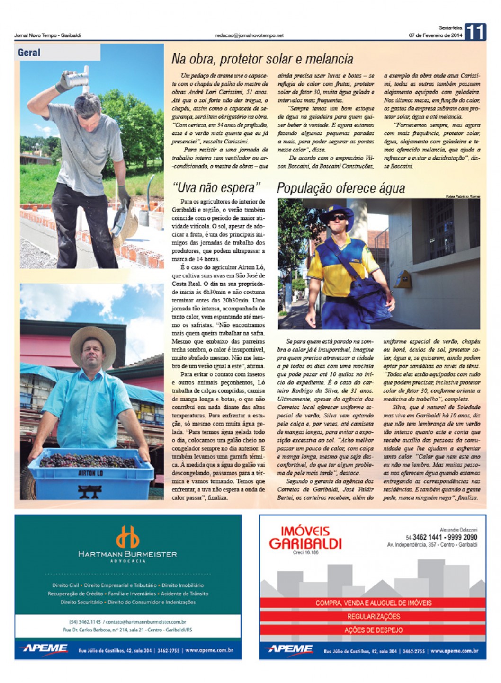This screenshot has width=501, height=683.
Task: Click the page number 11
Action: (x=475, y=32)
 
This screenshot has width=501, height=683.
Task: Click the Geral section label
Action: (x=29, y=53)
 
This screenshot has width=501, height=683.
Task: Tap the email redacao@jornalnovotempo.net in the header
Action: (x=249, y=35)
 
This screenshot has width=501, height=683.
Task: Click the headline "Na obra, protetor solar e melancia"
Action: (x=262, y=59)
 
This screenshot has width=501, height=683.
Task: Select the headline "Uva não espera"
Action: (x=216, y=187)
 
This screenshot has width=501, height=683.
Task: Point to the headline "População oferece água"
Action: (x=340, y=188)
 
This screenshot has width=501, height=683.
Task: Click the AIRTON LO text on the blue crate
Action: (x=90, y=473)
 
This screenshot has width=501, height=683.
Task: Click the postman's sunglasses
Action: (x=338, y=218)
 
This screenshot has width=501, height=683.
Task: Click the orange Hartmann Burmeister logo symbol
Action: (x=128, y=537)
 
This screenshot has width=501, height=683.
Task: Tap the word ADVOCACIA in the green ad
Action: (x=128, y=561)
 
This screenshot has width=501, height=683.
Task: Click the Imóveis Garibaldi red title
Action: (x=305, y=538)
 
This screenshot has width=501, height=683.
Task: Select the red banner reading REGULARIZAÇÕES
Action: (x=373, y=616)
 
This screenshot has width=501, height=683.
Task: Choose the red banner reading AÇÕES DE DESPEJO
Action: (x=373, y=630)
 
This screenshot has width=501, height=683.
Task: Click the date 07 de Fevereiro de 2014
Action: (x=435, y=35)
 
